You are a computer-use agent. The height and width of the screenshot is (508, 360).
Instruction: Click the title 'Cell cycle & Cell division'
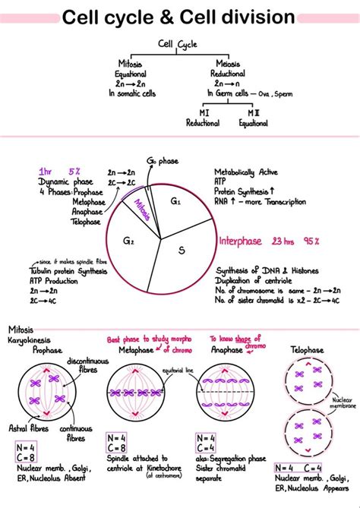[x=179, y=16]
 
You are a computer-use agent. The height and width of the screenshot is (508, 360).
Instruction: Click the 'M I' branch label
[x=204, y=112]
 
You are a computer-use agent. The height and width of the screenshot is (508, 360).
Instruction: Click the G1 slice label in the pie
[x=175, y=201]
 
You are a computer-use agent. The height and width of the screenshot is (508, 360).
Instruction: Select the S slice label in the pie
[x=182, y=250]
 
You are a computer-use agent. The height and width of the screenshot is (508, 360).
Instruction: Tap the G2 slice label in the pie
[x=128, y=241]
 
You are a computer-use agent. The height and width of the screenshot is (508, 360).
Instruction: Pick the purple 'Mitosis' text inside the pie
[x=143, y=207]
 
